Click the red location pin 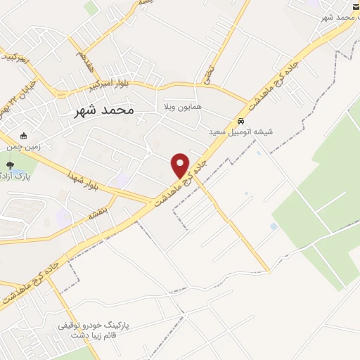(181, 165)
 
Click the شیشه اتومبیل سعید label (240, 131)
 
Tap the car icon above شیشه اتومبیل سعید (241, 120)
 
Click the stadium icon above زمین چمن (25, 136)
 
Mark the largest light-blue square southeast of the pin (273, 226)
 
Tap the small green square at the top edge (91, 8)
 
